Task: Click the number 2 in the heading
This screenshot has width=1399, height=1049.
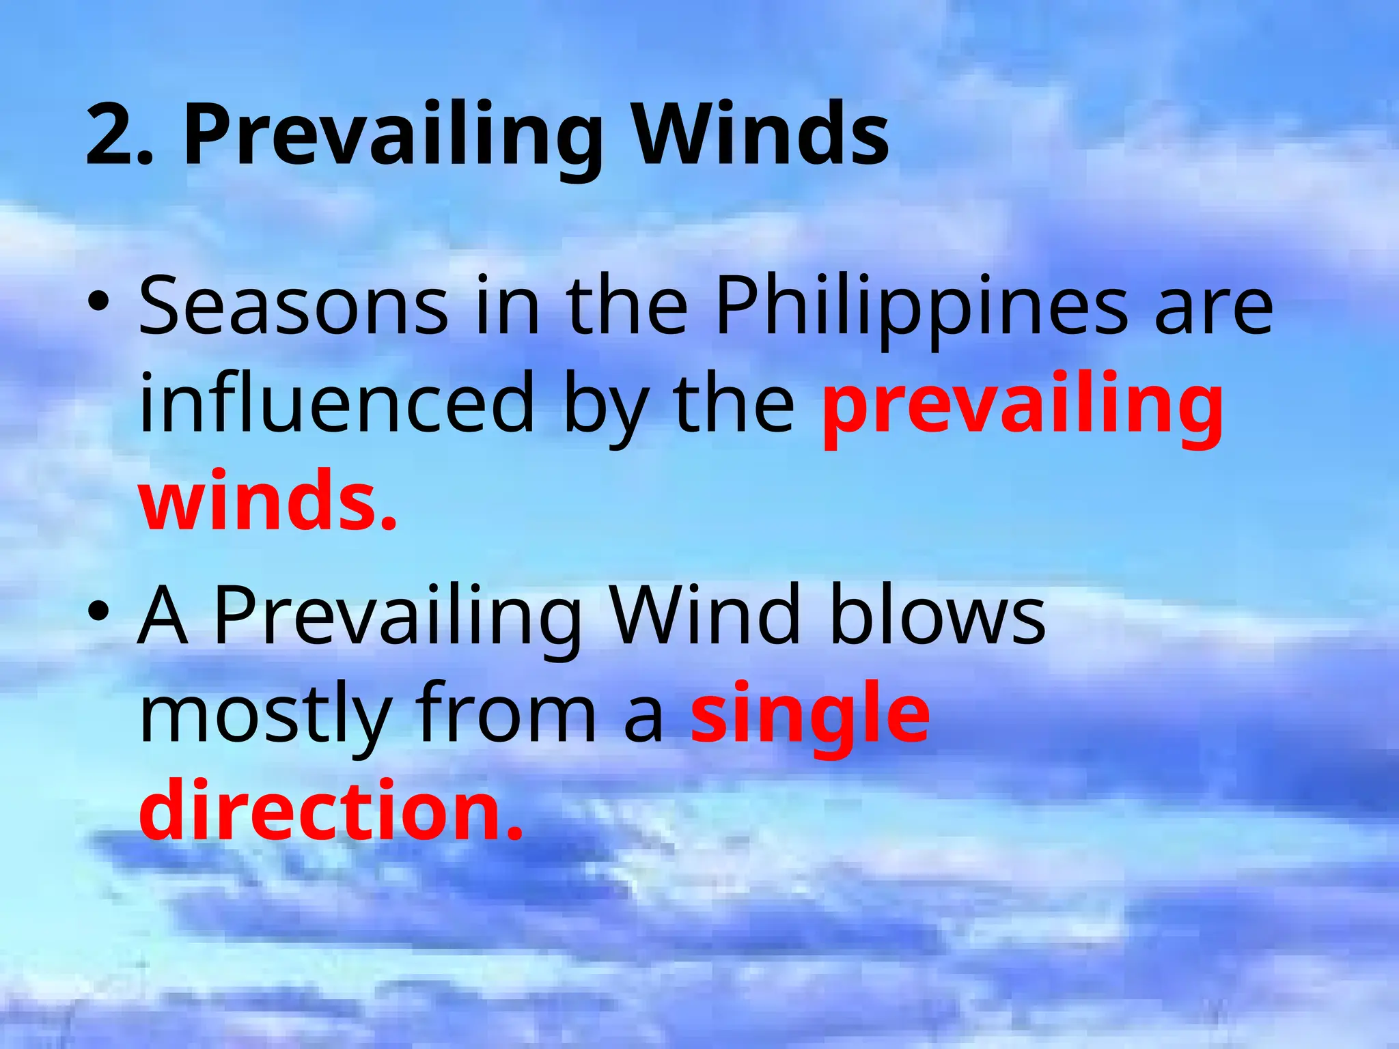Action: tap(109, 135)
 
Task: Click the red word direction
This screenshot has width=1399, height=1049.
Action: tap(331, 811)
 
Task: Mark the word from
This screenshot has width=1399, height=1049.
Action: tap(506, 714)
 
